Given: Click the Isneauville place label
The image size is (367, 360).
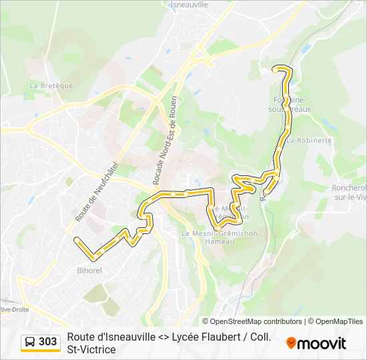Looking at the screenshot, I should [x=190, y=4].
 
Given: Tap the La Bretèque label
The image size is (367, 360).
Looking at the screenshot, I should [x=51, y=85].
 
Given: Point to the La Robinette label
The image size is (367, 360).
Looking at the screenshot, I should [x=309, y=141].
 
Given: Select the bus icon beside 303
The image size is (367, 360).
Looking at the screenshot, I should [x=30, y=342].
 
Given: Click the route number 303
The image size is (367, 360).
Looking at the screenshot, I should [x=48, y=342].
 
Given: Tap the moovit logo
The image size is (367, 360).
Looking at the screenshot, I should [x=316, y=343].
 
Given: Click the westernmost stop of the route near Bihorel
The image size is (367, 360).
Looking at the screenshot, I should [x=77, y=239].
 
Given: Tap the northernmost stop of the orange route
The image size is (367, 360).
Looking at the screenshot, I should [x=276, y=68].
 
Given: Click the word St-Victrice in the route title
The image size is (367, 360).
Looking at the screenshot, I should [x=91, y=349].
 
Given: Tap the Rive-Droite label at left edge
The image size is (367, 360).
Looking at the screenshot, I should [x=13, y=309].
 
